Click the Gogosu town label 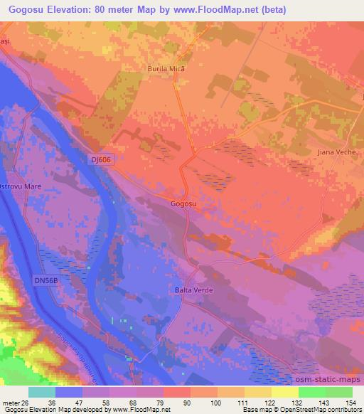tap(183, 203)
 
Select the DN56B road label tap(45, 282)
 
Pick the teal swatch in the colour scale tap(42, 392)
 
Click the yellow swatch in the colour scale tap(285, 392)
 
